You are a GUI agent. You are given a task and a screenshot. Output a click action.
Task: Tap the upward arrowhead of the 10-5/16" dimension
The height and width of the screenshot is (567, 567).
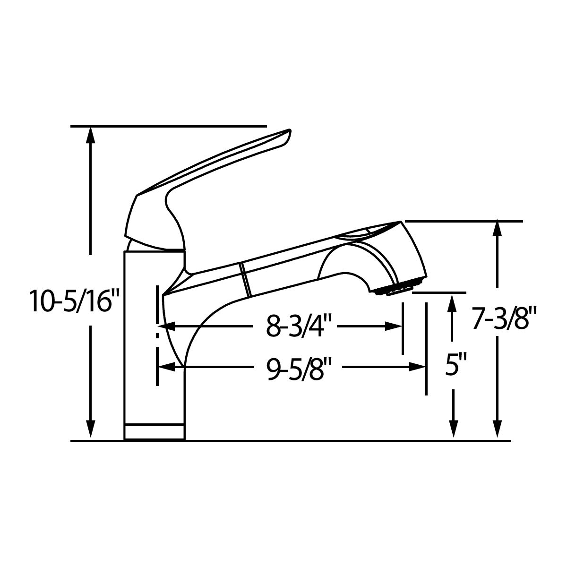pos(90,135)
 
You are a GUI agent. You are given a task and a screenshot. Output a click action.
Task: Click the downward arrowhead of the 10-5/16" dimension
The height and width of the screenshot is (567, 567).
pos(90,429)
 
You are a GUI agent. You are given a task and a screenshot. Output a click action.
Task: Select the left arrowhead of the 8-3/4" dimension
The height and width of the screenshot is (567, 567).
pos(167,326)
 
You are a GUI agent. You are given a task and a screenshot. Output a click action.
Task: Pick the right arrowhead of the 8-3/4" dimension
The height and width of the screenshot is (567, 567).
pos(394,326)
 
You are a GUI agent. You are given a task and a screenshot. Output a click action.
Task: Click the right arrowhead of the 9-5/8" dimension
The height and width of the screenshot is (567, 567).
pos(417,367)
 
